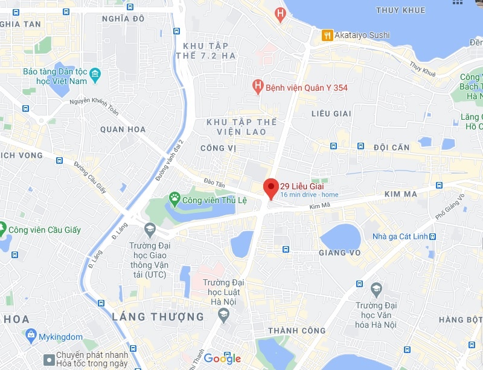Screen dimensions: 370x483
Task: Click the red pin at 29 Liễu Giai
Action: pyautogui.click(x=270, y=187)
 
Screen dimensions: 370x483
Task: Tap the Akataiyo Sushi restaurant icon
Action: pyautogui.click(x=327, y=35)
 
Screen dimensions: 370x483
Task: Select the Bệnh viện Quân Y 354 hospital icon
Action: pyautogui.click(x=258, y=87)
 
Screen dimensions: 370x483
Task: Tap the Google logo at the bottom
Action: pyautogui.click(x=222, y=359)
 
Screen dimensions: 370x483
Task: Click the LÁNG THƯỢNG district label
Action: pyautogui.click(x=158, y=316)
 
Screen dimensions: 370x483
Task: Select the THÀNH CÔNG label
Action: pyautogui.click(x=296, y=331)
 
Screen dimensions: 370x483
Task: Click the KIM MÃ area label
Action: pyautogui.click(x=401, y=194)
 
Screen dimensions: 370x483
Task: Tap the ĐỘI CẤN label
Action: pyautogui.click(x=391, y=148)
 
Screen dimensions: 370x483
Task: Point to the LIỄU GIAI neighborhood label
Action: pyautogui.click(x=331, y=114)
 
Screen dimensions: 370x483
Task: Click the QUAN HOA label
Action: pyautogui.click(x=123, y=129)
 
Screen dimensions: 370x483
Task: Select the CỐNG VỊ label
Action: pyautogui.click(x=217, y=148)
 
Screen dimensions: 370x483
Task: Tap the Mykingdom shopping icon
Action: pyautogui.click(x=30, y=334)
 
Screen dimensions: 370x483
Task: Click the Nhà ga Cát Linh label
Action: pyautogui.click(x=399, y=236)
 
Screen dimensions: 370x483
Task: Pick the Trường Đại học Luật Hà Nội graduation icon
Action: pyautogui.click(x=223, y=314)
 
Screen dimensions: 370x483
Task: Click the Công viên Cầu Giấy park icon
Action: pyautogui.click(x=2, y=229)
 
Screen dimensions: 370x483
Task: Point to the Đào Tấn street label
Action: pyautogui.click(x=214, y=182)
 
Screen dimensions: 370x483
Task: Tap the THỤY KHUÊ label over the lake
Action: pyautogui.click(x=400, y=10)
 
